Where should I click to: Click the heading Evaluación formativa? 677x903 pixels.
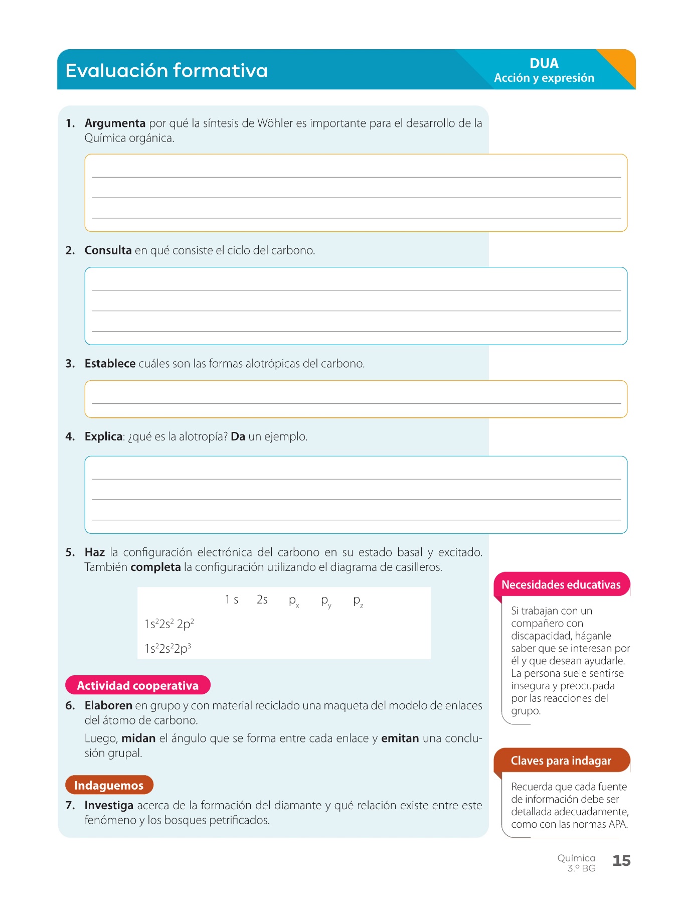pyautogui.click(x=166, y=71)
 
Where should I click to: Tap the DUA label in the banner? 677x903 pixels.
pyautogui.click(x=544, y=64)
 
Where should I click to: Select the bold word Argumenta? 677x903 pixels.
pyautogui.click(x=115, y=123)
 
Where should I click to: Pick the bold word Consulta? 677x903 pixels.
pyautogui.click(x=108, y=250)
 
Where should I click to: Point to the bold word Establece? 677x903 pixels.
pyautogui.click(x=110, y=364)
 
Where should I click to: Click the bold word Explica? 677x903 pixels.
pyautogui.click(x=103, y=437)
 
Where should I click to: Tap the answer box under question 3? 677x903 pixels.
pyautogui.click(x=356, y=399)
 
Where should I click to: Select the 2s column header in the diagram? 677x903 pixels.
pyautogui.click(x=262, y=600)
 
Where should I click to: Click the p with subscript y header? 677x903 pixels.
pyautogui.click(x=326, y=601)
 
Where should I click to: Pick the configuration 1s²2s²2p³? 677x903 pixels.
pyautogui.click(x=167, y=649)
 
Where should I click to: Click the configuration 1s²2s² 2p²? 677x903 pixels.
pyautogui.click(x=169, y=624)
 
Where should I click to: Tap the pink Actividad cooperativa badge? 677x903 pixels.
pyautogui.click(x=138, y=685)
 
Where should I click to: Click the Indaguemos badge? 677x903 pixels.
pyautogui.click(x=109, y=785)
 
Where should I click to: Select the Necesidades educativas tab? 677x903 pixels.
pyautogui.click(x=561, y=585)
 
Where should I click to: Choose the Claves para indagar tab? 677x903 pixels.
pyautogui.click(x=561, y=761)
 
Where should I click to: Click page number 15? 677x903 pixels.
pyautogui.click(x=621, y=861)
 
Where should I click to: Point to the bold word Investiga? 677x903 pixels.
pyautogui.click(x=109, y=806)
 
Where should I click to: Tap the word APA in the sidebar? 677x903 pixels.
pyautogui.click(x=617, y=824)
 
